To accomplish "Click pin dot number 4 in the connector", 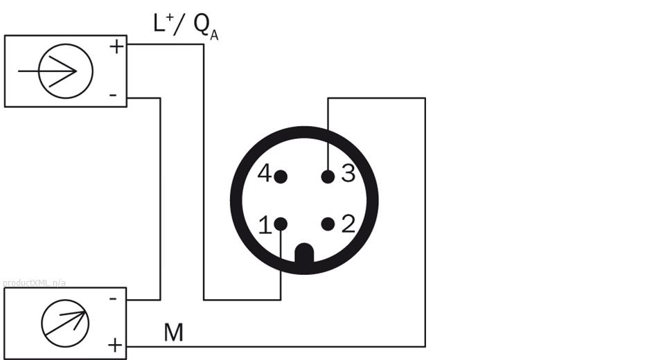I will (x=281, y=177).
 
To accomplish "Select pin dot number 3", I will (x=328, y=177).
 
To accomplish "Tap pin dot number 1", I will (x=281, y=224).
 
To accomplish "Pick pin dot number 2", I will (x=328, y=224).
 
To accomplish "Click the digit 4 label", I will (x=265, y=174).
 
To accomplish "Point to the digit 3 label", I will (x=348, y=174).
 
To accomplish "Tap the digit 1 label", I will (x=265, y=225).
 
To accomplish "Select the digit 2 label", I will (x=348, y=224).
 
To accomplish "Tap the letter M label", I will (x=173, y=333).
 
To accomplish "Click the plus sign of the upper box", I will (x=116, y=47).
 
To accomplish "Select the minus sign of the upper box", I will (x=114, y=94).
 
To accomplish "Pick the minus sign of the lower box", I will (x=114, y=298).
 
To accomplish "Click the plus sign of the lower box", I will (x=115, y=344).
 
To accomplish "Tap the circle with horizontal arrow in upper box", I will (x=66, y=71).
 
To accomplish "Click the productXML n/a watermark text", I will (x=34, y=282).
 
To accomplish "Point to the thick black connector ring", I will (x=236, y=201).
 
